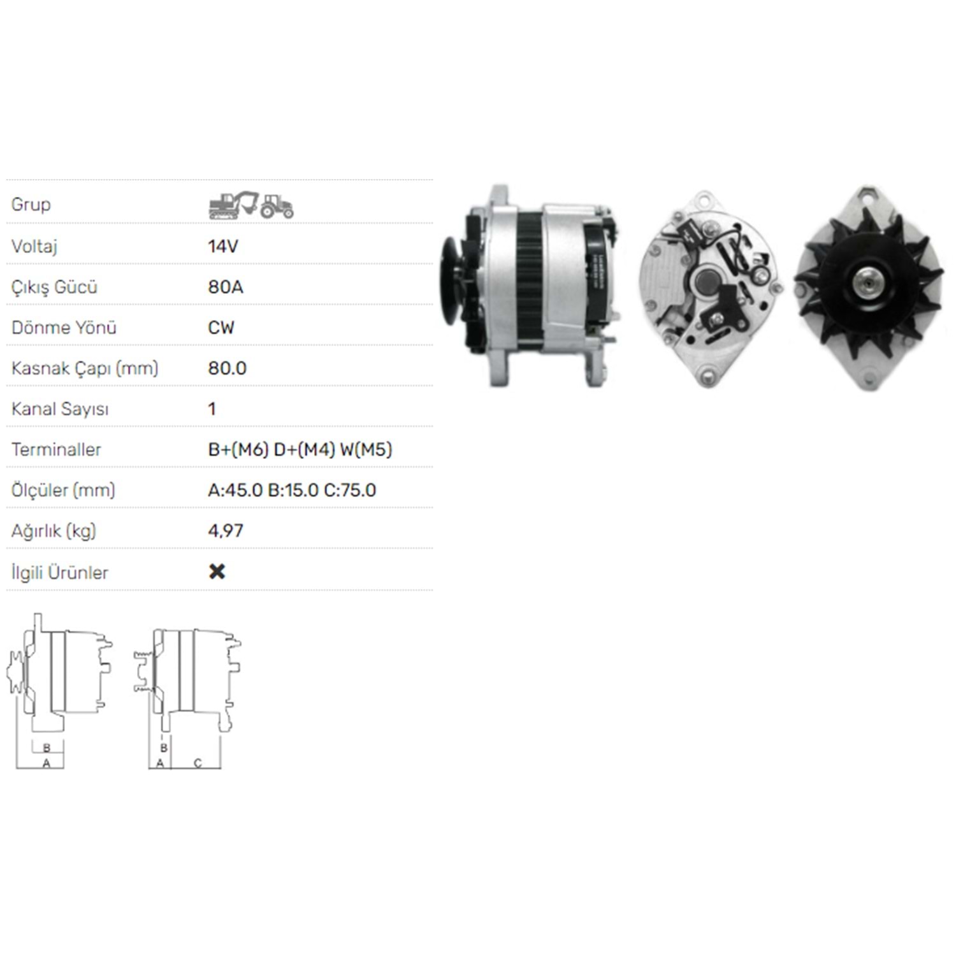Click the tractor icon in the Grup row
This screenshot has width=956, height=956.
[277, 206]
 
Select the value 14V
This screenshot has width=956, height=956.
[222, 246]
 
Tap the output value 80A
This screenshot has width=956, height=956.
[226, 287]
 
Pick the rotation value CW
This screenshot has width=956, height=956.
[221, 328]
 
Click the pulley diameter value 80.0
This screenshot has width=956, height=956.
[227, 368]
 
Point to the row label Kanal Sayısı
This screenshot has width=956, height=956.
[60, 409]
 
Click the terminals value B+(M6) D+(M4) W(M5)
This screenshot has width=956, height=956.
[300, 450]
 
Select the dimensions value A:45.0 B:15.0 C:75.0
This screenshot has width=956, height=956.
[292, 490]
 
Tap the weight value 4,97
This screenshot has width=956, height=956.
[226, 531]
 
